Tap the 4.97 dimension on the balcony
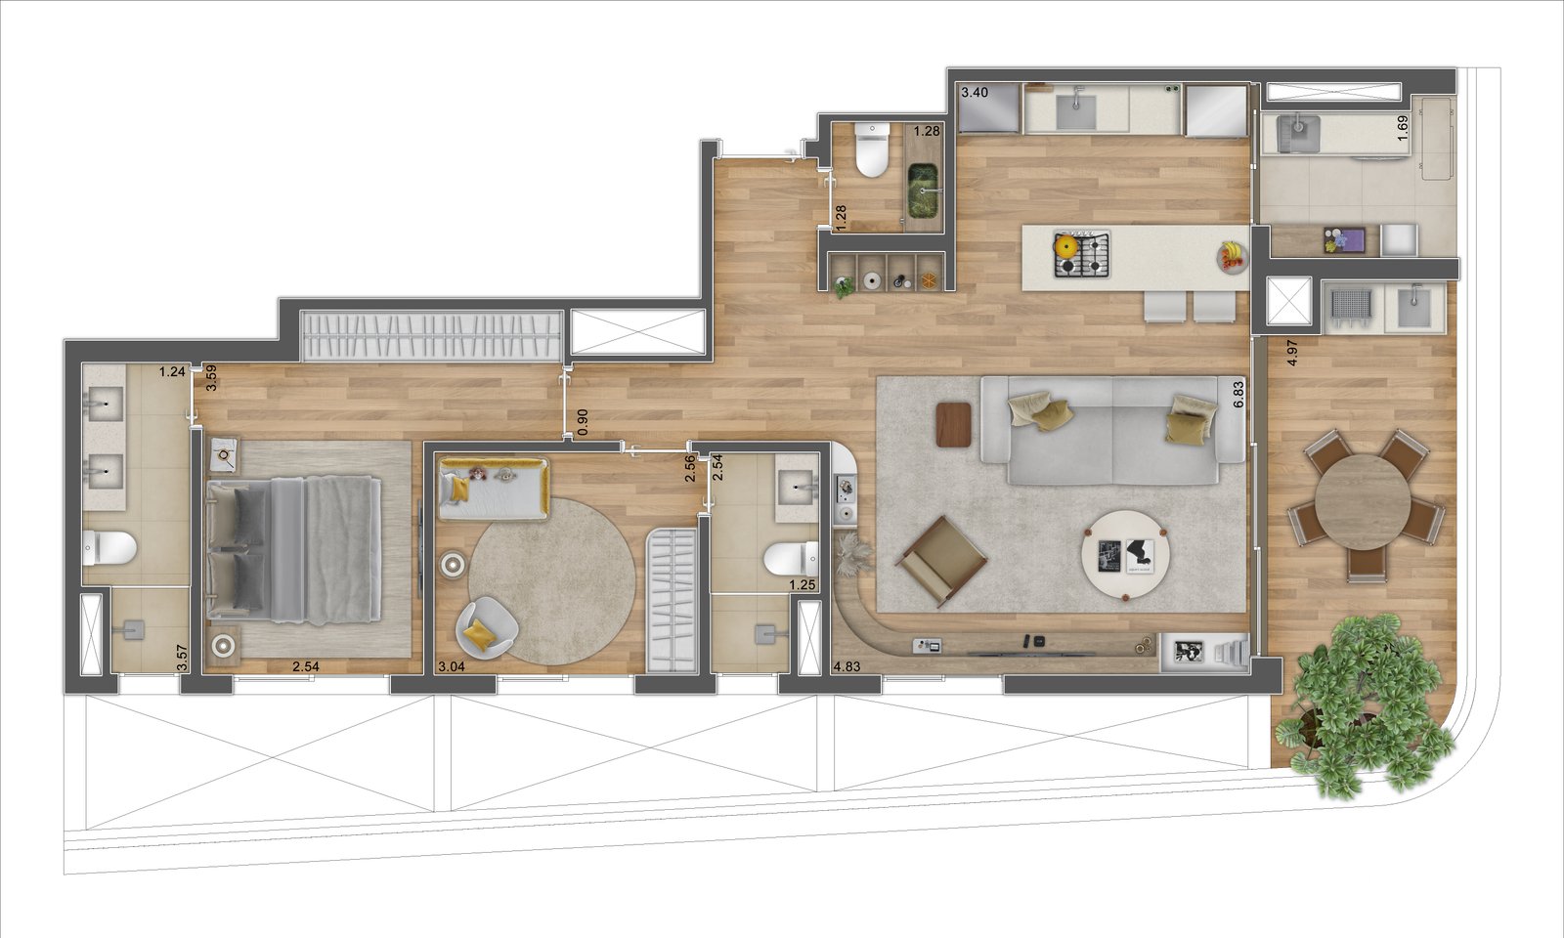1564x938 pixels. [1292, 353]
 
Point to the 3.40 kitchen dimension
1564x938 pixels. [975, 92]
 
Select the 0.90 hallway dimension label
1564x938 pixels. [583, 422]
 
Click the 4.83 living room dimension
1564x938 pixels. [847, 666]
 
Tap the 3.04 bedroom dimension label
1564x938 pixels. [452, 666]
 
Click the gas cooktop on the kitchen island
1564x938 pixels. [1081, 255]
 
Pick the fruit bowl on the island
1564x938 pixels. [1233, 256]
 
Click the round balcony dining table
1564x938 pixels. [1362, 502]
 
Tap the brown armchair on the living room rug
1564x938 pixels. [939, 561]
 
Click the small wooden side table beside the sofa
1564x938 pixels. [954, 424]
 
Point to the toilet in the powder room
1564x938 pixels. [871, 150]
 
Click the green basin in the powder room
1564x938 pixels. [923, 189]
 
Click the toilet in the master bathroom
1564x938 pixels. [109, 548]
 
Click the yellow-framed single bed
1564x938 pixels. [493, 490]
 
